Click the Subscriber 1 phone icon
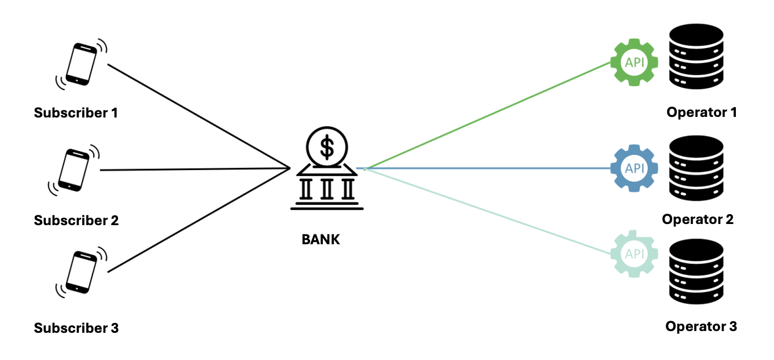point(82,64)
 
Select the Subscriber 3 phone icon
point(82,271)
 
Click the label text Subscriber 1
point(76,112)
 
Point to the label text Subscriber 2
point(76,220)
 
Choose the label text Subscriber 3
point(76,328)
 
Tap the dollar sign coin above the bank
point(327,147)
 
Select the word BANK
point(321,239)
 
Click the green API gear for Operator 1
point(634,62)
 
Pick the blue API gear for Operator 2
point(635,168)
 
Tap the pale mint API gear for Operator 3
point(635,254)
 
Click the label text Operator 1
point(702,112)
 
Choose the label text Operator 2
point(698,219)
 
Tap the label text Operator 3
point(701,326)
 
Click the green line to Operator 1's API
point(489,115)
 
